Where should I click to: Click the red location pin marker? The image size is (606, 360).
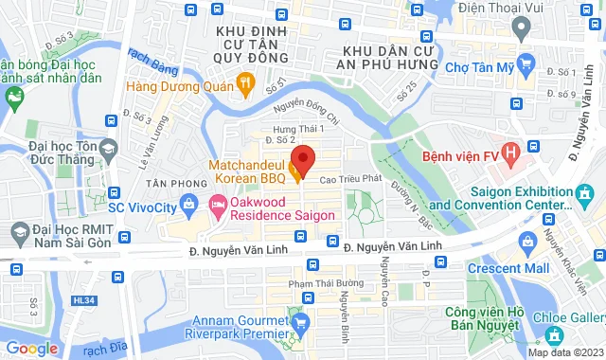[301, 158]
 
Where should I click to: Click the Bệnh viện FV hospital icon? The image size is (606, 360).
[512, 151]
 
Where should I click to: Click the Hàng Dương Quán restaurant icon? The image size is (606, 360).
[246, 84]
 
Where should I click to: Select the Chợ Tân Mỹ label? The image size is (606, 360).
[478, 69]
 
